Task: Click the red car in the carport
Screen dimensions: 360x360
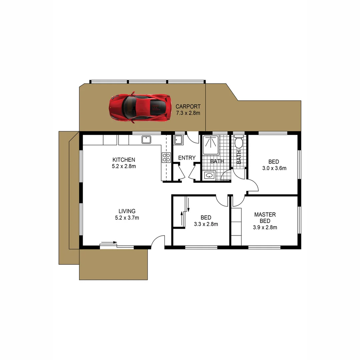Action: click(139, 107)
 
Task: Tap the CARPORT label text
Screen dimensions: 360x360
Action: click(188, 107)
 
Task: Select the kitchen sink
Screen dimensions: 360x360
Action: click(146, 140)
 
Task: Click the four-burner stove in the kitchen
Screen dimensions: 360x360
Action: click(166, 157)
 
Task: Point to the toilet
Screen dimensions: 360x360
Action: click(238, 143)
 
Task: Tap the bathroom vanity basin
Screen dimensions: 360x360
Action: click(209, 175)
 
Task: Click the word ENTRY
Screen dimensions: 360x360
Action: click(187, 158)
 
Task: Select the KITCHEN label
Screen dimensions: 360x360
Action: click(124, 160)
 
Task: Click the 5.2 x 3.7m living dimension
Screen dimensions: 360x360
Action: click(127, 218)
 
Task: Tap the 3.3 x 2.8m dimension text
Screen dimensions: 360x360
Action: click(206, 224)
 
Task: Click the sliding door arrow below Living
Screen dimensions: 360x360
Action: click(109, 242)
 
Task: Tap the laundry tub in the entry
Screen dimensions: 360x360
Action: click(178, 140)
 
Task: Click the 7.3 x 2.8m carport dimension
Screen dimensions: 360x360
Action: click(188, 113)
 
